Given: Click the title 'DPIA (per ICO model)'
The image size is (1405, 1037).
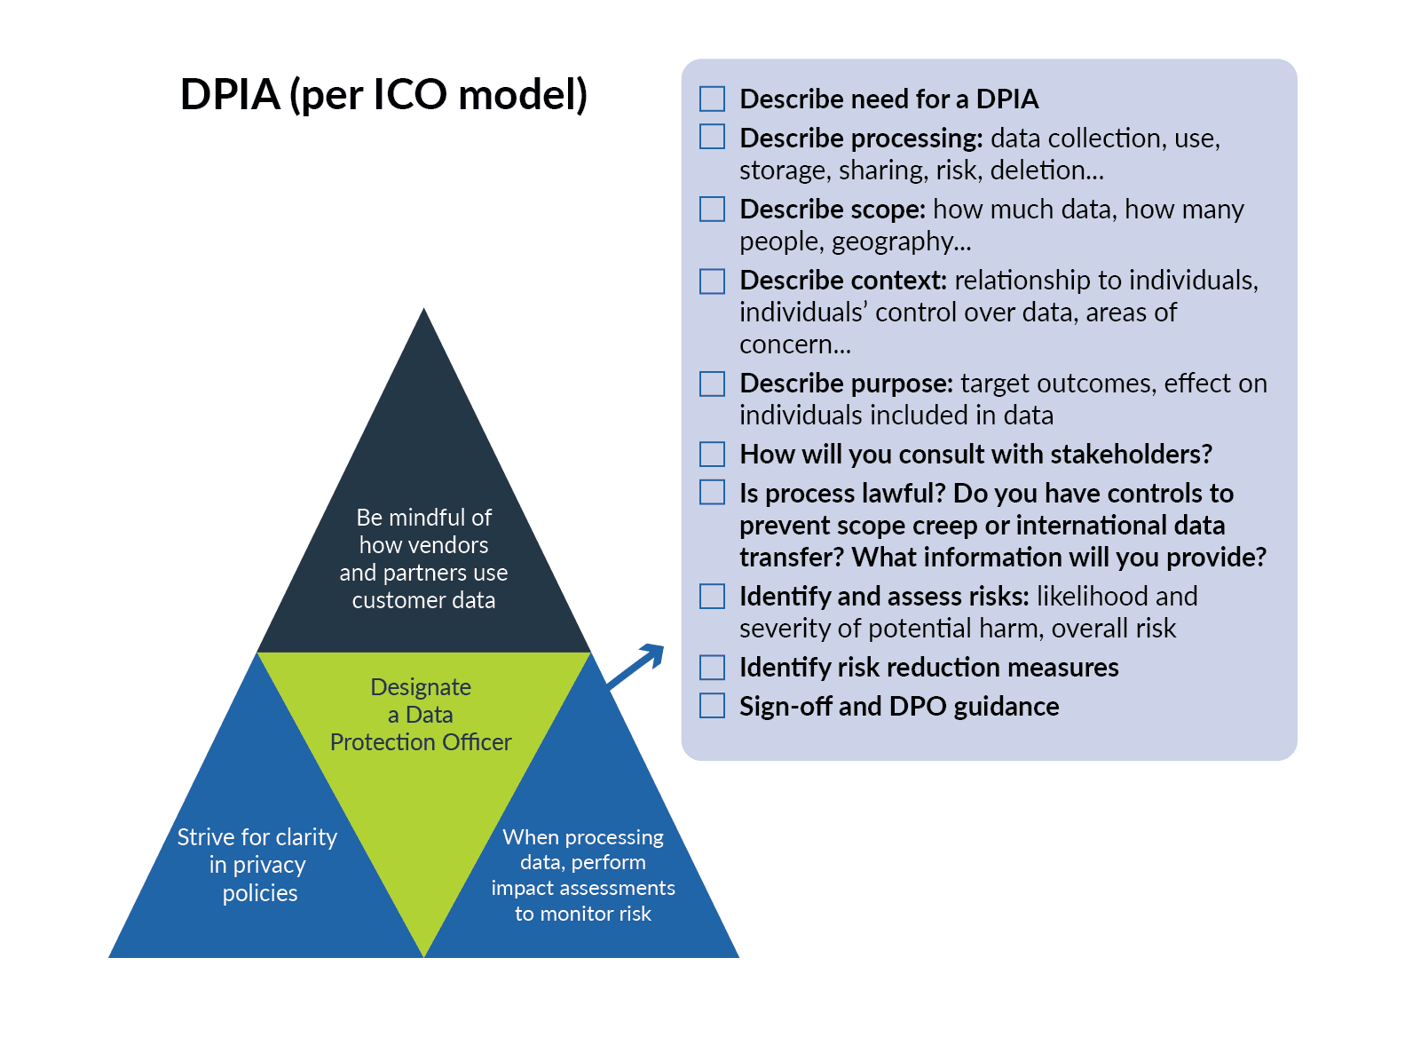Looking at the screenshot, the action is coord(383,95).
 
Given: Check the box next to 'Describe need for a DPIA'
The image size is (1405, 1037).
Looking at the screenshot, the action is coord(712,99).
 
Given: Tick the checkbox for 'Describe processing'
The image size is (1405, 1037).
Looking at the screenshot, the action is coord(712,136).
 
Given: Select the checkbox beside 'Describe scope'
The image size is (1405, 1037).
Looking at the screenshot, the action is coord(712,209).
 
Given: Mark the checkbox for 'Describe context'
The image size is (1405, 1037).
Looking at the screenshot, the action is coord(712,281).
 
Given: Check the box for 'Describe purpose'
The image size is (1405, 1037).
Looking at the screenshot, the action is coord(712,384).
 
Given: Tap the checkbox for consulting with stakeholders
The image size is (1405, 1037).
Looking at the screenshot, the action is coord(712,455).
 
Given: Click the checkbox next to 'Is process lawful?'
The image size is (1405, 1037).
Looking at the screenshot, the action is coord(712,492).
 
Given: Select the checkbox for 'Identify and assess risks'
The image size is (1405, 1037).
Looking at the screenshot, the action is coord(712,597).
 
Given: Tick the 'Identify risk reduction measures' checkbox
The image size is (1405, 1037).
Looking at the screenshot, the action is coord(712,668).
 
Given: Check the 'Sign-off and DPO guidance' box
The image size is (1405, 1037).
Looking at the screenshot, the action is coord(712,706).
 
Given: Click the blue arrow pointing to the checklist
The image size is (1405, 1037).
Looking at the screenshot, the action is coord(635,666).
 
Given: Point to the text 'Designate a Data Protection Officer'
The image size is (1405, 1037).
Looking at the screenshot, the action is coord(421,715).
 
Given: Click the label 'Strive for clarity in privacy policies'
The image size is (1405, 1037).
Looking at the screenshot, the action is coord(257,865).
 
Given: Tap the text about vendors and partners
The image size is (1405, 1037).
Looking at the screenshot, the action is coord(423,558).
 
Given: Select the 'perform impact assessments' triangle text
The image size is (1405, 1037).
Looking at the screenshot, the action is coord(583,875).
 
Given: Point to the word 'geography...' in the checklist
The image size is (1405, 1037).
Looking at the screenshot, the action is coord(902,241).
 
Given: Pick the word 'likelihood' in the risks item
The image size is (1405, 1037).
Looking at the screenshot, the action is coord(1083,597).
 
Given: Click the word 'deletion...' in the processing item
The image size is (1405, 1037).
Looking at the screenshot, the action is coord(1047,170).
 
